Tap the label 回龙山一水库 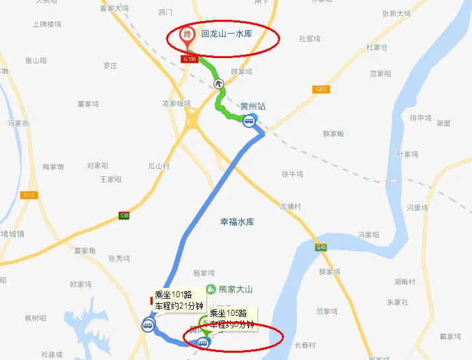click(227, 33)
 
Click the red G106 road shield click(190, 59)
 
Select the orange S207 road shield click(321, 89)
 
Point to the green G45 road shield click(321, 248)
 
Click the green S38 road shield click(124, 215)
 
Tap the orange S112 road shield click(28, 195)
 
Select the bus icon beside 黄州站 click(249, 120)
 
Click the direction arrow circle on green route click(218, 83)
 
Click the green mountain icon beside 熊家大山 click(210, 289)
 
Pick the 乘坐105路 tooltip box click(232, 318)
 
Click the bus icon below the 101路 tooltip click(148, 325)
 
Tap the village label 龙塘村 click(290, 207)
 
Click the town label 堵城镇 click(13, 234)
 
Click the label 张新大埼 click(396, 13)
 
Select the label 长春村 click(305, 345)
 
